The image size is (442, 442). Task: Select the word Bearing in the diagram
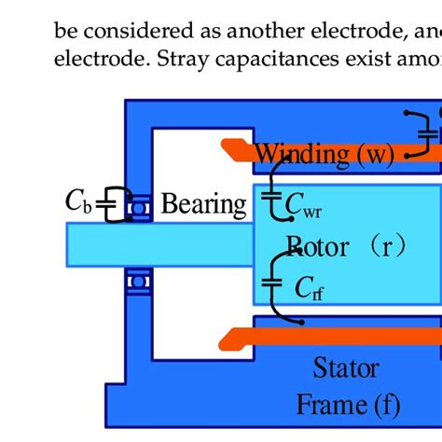pos(204,203)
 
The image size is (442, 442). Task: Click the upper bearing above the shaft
pos(140,209)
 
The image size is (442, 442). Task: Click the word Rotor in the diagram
pos(317,247)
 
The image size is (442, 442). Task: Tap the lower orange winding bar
pos(326,334)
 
